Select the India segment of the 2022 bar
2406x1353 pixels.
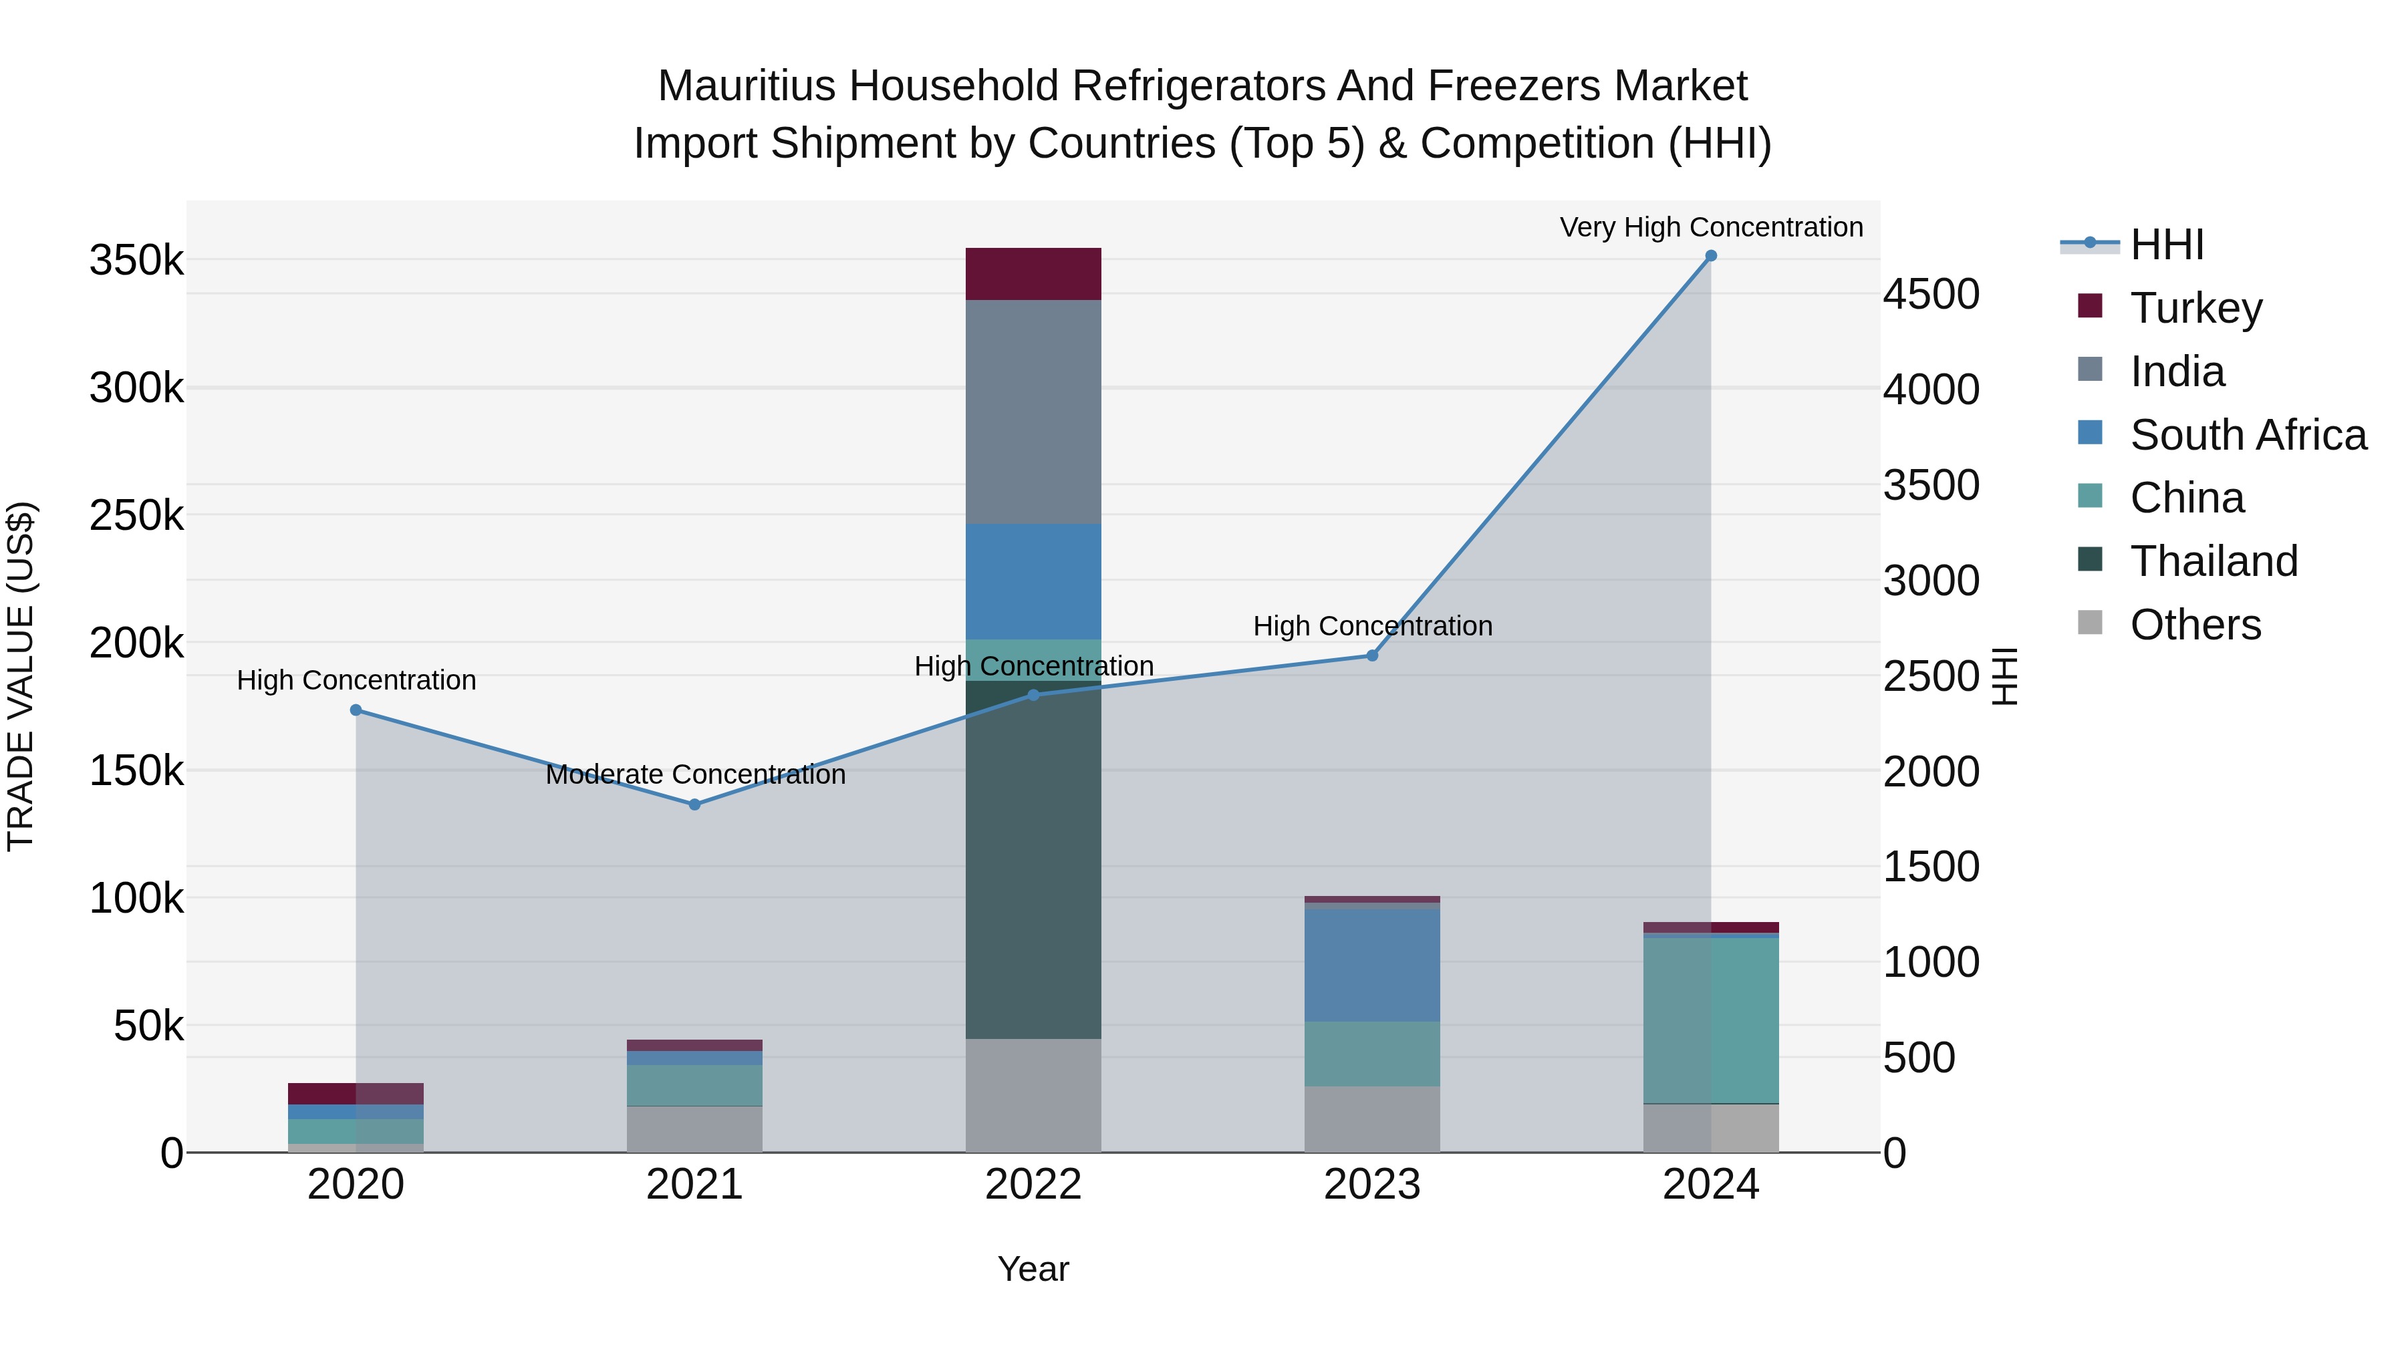tap(1033, 411)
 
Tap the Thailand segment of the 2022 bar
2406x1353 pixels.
tap(1033, 859)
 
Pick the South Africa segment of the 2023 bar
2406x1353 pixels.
tap(1372, 965)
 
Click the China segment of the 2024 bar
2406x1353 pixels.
tap(1711, 1020)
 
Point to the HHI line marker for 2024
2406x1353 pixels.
tap(1711, 256)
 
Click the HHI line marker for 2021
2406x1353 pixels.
tap(695, 804)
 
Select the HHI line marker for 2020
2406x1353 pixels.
tap(356, 710)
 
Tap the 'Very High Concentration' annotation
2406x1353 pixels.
tap(1711, 227)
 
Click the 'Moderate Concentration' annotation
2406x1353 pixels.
tap(695, 774)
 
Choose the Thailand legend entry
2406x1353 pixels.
tap(2213, 561)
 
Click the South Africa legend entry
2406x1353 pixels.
tap(2247, 435)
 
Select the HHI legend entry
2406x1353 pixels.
tap(2166, 245)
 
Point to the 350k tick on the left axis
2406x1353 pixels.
tap(136, 261)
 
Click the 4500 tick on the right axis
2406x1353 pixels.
tap(1931, 294)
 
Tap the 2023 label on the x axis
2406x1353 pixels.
tap(1372, 1185)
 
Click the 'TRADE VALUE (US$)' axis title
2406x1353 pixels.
tap(21, 676)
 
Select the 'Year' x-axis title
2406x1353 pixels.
tap(1033, 1269)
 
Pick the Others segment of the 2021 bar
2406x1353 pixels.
tap(695, 1129)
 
